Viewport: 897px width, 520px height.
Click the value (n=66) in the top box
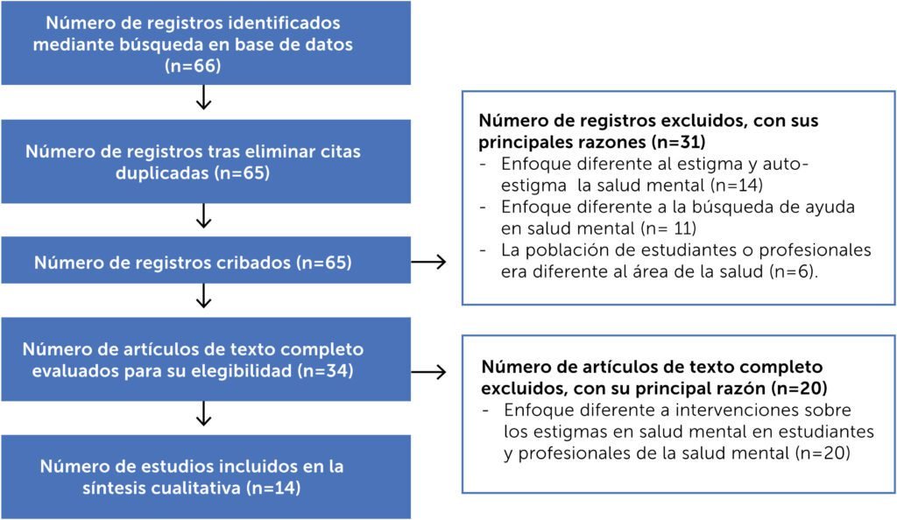click(193, 66)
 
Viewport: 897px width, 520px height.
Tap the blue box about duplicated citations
click(206, 162)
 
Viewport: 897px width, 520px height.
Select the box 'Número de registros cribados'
click(206, 261)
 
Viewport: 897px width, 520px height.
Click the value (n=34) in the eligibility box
click(325, 371)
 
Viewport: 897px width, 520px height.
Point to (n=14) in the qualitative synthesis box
click(273, 488)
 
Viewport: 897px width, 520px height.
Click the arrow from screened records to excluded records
click(428, 263)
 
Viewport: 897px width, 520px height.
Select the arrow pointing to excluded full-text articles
click(428, 372)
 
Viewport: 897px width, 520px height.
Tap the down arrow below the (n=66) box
click(203, 98)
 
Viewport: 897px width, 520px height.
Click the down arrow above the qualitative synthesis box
click(203, 414)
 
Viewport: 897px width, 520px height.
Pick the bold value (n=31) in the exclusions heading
click(679, 142)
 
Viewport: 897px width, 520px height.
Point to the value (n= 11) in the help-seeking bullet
click(668, 228)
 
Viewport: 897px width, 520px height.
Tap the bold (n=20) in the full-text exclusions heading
click(799, 389)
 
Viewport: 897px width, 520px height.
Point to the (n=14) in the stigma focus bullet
click(735, 185)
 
